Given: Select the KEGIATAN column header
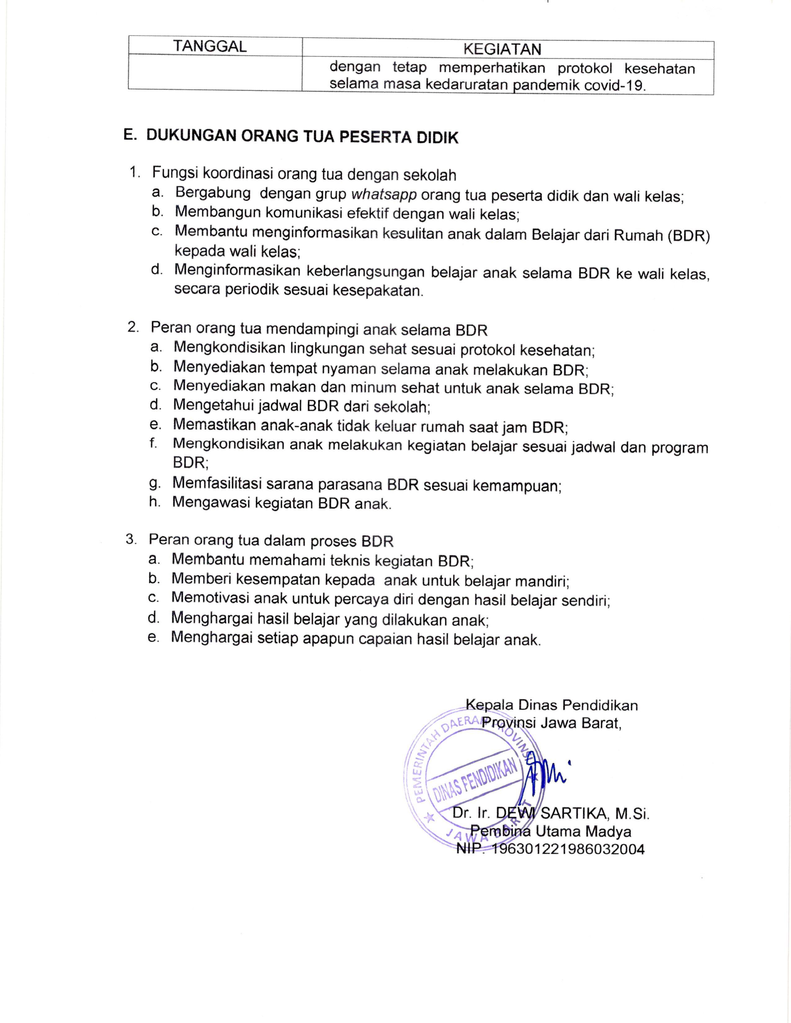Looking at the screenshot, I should (x=502, y=49).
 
